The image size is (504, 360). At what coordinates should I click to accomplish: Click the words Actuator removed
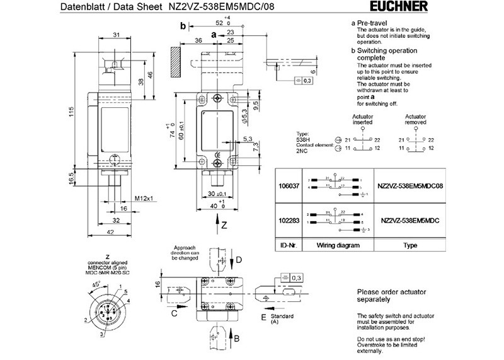(416, 120)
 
